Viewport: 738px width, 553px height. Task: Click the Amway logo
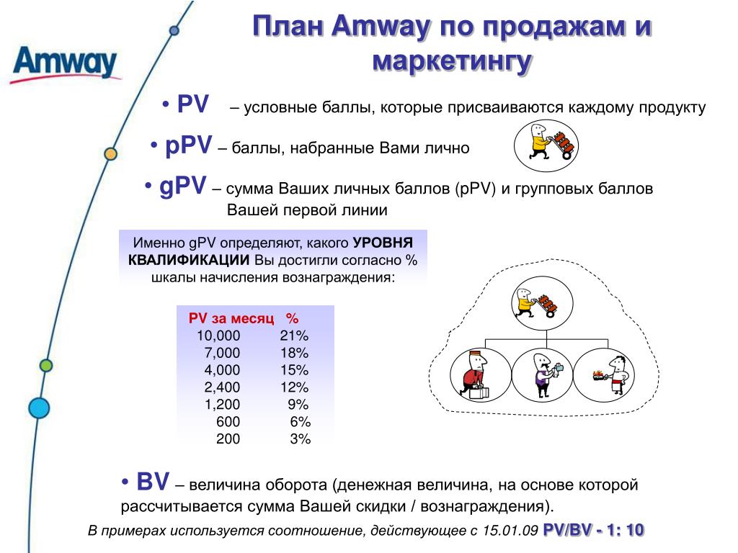point(65,64)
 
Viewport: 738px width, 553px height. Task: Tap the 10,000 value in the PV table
point(218,336)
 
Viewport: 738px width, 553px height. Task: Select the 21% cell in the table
point(294,336)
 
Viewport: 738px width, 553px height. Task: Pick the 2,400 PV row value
point(222,387)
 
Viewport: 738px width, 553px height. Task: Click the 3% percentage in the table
point(301,439)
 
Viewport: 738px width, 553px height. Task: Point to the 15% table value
point(295,370)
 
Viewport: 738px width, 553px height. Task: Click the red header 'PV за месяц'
point(231,318)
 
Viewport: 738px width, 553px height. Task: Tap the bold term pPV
point(188,145)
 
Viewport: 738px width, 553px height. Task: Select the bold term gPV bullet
point(182,186)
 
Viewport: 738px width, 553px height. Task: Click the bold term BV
point(153,482)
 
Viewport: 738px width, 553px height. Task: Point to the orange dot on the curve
point(110,153)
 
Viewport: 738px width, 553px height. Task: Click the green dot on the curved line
point(46,365)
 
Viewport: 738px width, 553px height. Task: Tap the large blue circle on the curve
point(39,408)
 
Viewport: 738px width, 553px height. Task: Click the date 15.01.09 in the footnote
point(510,531)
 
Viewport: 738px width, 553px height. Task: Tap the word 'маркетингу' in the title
point(453,62)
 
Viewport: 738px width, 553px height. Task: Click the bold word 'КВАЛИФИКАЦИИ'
point(189,260)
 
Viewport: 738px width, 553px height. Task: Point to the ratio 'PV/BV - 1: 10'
point(594,531)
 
